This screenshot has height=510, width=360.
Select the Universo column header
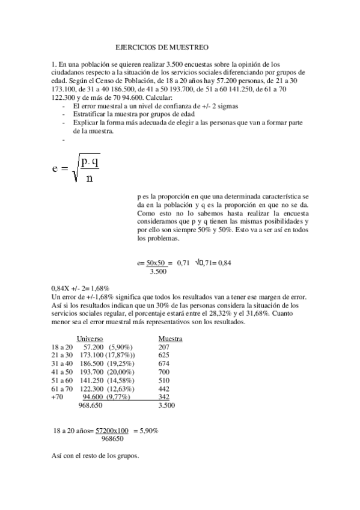(x=90, y=339)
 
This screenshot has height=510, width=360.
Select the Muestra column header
(x=170, y=339)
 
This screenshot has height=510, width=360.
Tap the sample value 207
(x=163, y=347)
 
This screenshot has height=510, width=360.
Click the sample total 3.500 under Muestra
(x=166, y=406)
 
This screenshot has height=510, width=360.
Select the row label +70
(x=58, y=397)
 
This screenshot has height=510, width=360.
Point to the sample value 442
(x=163, y=389)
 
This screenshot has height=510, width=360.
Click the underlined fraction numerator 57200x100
(x=112, y=431)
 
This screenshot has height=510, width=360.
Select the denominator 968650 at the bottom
(x=113, y=439)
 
